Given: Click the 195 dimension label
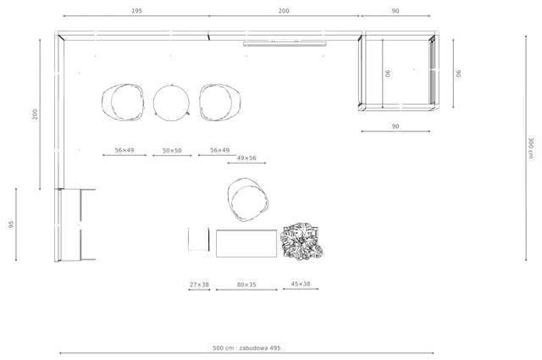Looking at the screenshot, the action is tap(136, 11).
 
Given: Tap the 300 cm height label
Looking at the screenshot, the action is tap(531, 148).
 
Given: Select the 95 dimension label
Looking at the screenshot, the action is tap(11, 224).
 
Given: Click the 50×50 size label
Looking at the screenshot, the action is tap(172, 151).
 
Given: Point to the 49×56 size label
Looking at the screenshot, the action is tap(246, 158).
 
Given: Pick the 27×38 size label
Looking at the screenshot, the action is tap(199, 285).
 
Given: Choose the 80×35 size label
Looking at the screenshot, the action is tap(246, 285).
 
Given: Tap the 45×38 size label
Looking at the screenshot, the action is tap(301, 284).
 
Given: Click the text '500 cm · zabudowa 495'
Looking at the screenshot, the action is tap(246, 348).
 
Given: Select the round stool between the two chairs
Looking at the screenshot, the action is tap(171, 102).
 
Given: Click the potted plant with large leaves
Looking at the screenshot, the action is tap(301, 241).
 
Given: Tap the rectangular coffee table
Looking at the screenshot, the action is tap(246, 243).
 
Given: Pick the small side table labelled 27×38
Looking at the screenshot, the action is tap(199, 240).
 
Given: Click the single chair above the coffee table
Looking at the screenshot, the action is tap(247, 200).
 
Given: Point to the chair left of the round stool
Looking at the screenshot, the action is tap(123, 102).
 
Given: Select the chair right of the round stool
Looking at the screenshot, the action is tap(220, 102).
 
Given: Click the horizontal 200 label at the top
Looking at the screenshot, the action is tap(284, 11).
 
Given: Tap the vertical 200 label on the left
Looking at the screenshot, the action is tap(35, 114).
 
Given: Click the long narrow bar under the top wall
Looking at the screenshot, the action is tap(285, 44).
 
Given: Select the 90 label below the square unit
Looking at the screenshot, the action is tap(395, 126).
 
